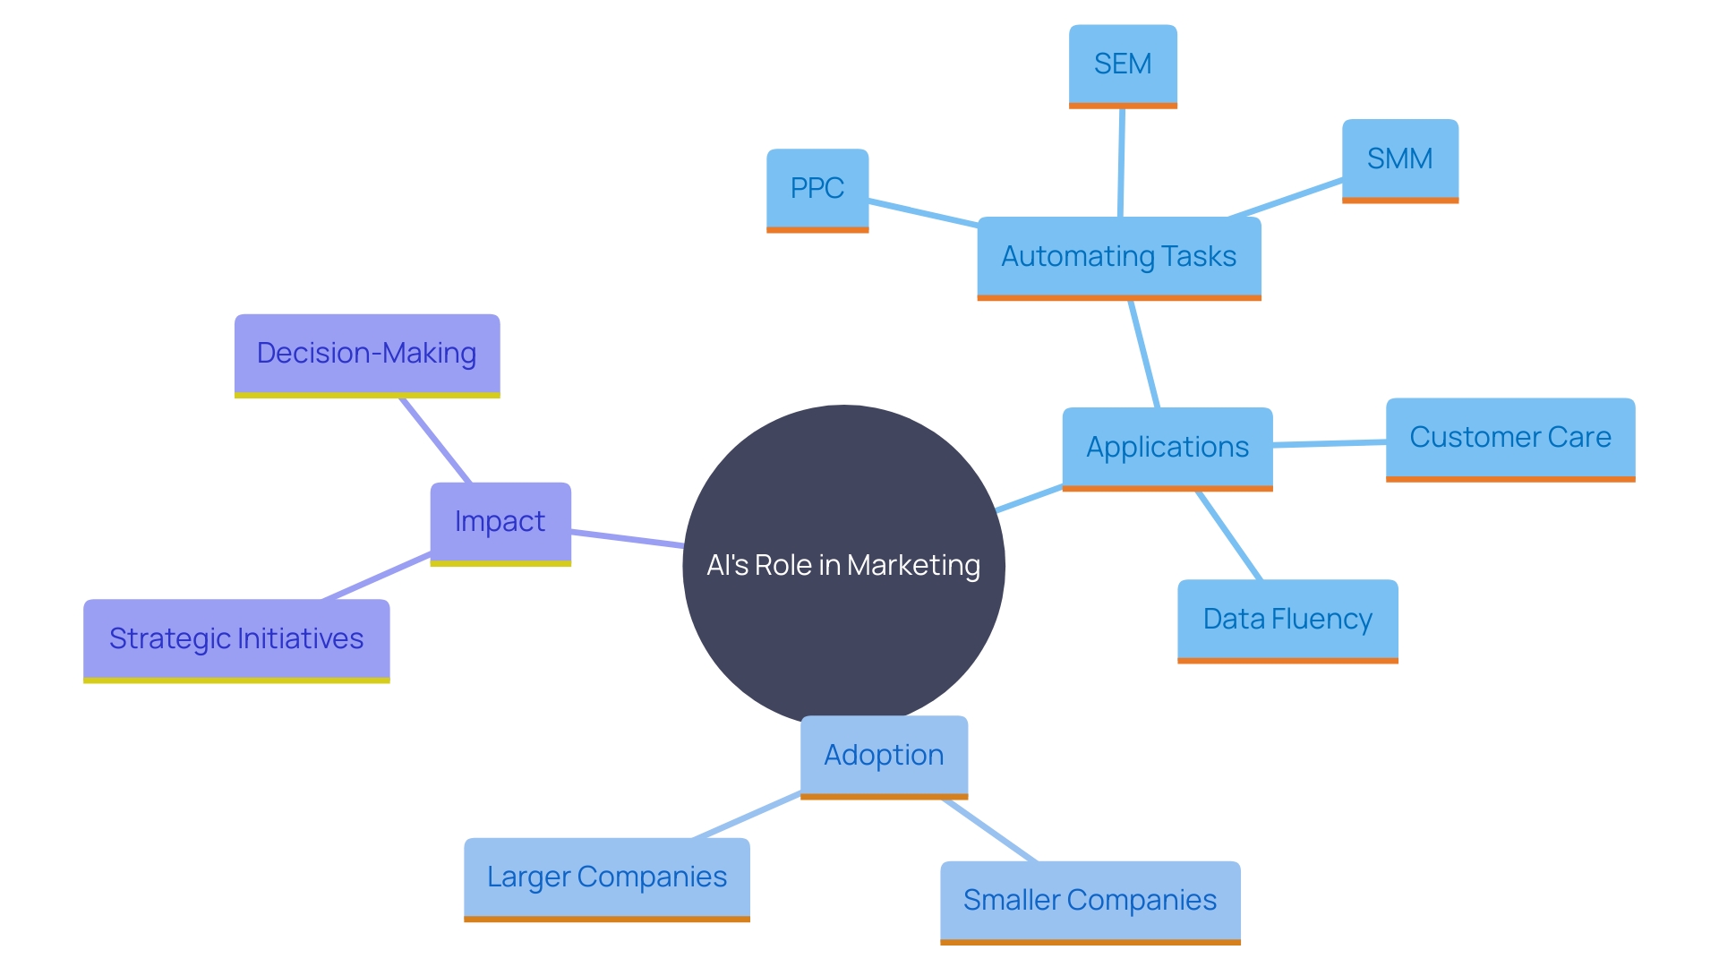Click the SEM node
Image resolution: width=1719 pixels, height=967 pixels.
click(1123, 65)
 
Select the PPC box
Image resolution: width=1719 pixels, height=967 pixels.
click(817, 189)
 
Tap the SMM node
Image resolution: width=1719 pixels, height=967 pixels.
click(1399, 159)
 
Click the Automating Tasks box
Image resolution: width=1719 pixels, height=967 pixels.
click(1118, 257)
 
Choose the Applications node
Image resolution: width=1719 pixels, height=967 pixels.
click(1167, 448)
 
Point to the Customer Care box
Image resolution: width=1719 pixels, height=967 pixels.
click(1509, 438)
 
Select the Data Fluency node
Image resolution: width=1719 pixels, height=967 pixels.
click(1287, 620)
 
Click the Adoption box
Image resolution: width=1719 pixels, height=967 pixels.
click(884, 756)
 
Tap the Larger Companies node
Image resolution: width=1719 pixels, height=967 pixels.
click(606, 877)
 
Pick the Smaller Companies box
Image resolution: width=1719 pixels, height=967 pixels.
click(1090, 901)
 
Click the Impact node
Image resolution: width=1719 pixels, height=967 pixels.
click(500, 522)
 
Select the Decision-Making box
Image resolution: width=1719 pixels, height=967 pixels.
click(366, 354)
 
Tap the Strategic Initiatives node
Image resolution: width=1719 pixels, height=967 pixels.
click(236, 639)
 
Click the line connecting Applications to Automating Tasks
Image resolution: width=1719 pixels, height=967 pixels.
click(1145, 355)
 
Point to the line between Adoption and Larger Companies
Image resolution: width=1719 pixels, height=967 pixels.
click(747, 816)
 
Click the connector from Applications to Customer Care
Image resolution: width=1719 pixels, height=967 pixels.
click(1330, 443)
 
